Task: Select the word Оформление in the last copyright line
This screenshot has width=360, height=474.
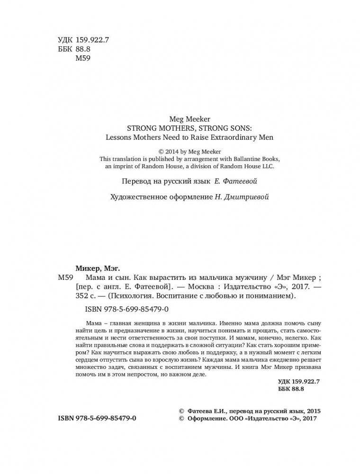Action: pyautogui.click(x=206, y=419)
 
